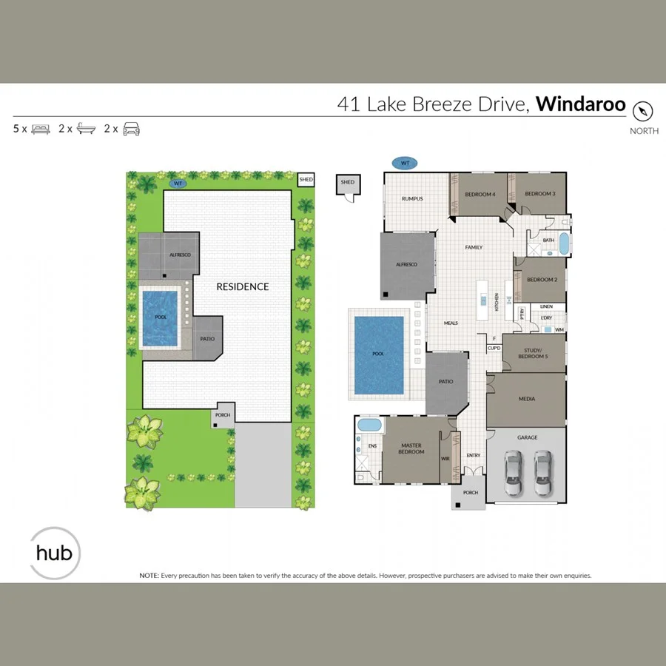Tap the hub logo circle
click(x=54, y=552)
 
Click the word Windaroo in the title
click(x=581, y=104)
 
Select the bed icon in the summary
click(x=40, y=129)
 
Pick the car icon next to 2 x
click(x=131, y=129)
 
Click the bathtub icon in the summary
click(x=86, y=129)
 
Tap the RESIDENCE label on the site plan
click(x=242, y=286)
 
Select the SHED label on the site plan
click(x=306, y=180)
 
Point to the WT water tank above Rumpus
click(x=405, y=163)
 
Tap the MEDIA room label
click(x=527, y=399)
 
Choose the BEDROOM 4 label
click(x=480, y=194)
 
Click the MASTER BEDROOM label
click(x=411, y=448)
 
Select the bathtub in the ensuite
click(x=369, y=425)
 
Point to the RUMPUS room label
click(x=411, y=198)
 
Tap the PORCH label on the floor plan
click(x=470, y=493)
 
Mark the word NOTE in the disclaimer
click(x=149, y=575)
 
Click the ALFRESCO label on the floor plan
click(x=406, y=264)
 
